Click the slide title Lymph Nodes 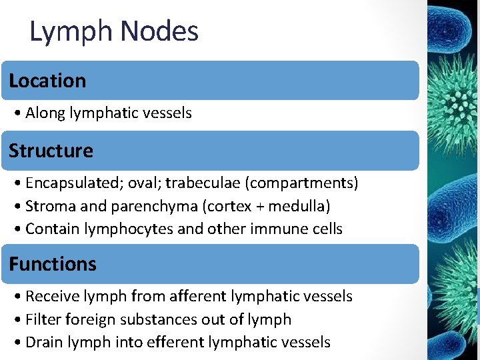(114, 31)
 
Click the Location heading (47, 81)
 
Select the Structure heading (51, 151)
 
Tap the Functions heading (53, 264)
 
